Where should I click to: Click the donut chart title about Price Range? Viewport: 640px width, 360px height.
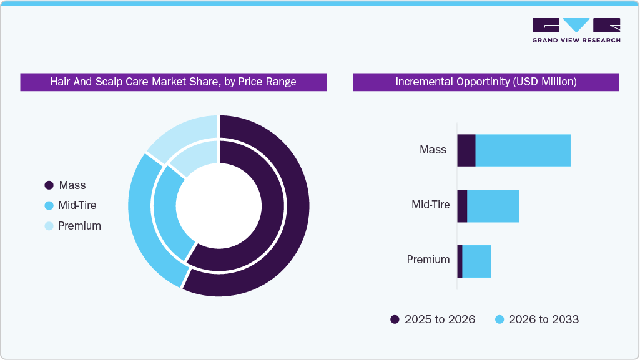click(x=173, y=82)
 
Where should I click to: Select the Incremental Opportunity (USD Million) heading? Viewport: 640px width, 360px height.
click(x=486, y=82)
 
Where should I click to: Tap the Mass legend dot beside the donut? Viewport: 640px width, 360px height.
click(x=49, y=185)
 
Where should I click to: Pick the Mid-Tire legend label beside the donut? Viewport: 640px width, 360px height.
click(x=77, y=205)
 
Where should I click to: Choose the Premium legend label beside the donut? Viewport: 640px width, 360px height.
click(x=79, y=226)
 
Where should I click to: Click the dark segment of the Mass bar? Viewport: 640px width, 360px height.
click(x=466, y=150)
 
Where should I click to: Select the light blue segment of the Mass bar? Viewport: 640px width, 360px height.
click(x=523, y=150)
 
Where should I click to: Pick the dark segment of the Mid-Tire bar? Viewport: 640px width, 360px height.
click(x=462, y=206)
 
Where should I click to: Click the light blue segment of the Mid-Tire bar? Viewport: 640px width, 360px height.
click(x=493, y=206)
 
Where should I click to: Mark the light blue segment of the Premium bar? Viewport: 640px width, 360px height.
click(x=476, y=261)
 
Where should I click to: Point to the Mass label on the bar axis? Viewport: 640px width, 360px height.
click(x=433, y=150)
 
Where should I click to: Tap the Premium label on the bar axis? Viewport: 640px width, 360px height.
click(x=428, y=260)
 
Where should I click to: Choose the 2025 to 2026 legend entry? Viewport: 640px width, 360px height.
click(x=433, y=319)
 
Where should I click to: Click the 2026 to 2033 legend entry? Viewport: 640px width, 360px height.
click(x=537, y=319)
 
